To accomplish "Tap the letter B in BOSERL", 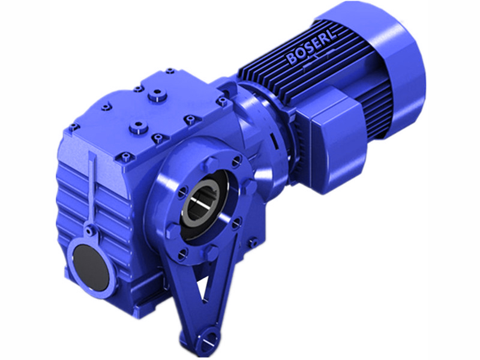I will (x=291, y=60).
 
